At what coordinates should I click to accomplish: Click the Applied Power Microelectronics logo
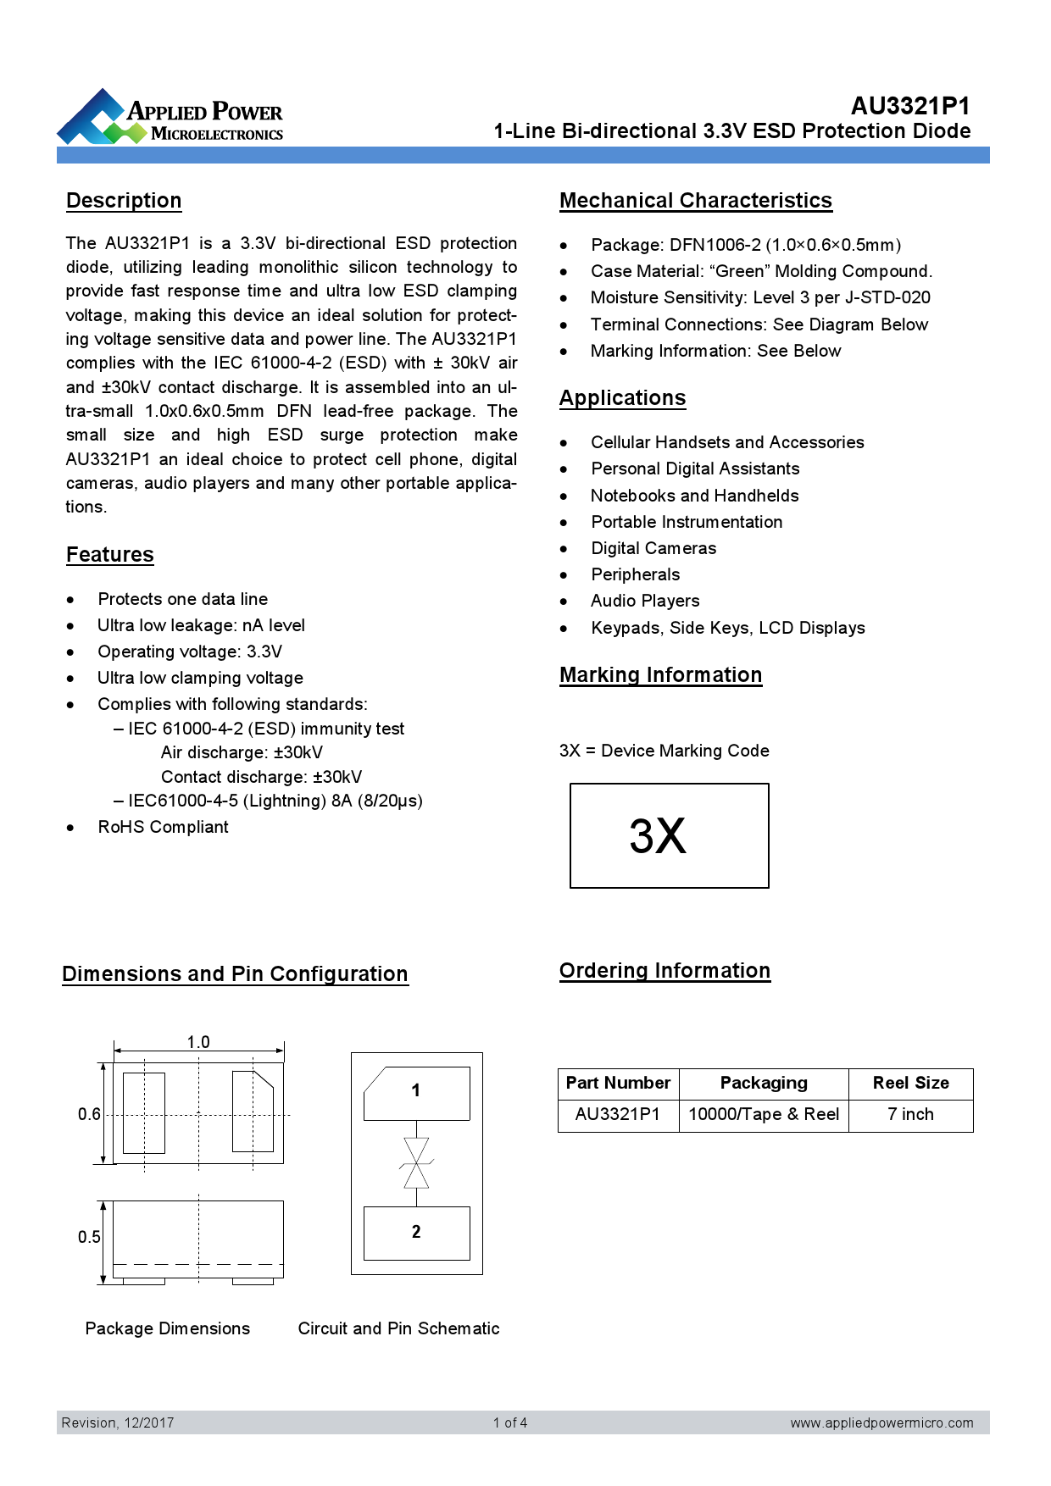[x=170, y=118]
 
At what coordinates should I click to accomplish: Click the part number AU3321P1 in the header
[x=910, y=106]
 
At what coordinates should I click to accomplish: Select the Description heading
[x=124, y=201]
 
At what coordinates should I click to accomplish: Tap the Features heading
[x=110, y=555]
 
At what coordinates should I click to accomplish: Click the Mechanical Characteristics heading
[x=695, y=201]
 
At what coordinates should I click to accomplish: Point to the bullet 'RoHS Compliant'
[x=163, y=827]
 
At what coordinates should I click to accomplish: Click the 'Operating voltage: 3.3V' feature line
[x=190, y=652]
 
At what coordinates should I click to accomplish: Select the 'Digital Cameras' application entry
[x=653, y=548]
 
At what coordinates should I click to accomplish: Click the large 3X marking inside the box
[x=658, y=836]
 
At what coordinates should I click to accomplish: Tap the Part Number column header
[x=618, y=1083]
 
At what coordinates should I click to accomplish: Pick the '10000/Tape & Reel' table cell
[x=763, y=1114]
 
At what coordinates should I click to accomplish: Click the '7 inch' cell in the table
[x=910, y=1114]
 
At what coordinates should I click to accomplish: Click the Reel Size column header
[x=910, y=1083]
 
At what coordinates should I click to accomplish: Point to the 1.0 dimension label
[x=198, y=1042]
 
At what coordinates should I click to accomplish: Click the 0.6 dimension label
[x=89, y=1114]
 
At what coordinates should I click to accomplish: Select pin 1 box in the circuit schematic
[x=416, y=1092]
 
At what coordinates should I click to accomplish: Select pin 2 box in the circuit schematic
[x=416, y=1233]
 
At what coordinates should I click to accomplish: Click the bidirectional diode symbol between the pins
[x=416, y=1163]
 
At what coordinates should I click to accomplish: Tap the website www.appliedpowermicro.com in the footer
[x=881, y=1422]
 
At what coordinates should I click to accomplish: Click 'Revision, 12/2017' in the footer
[x=118, y=1422]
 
